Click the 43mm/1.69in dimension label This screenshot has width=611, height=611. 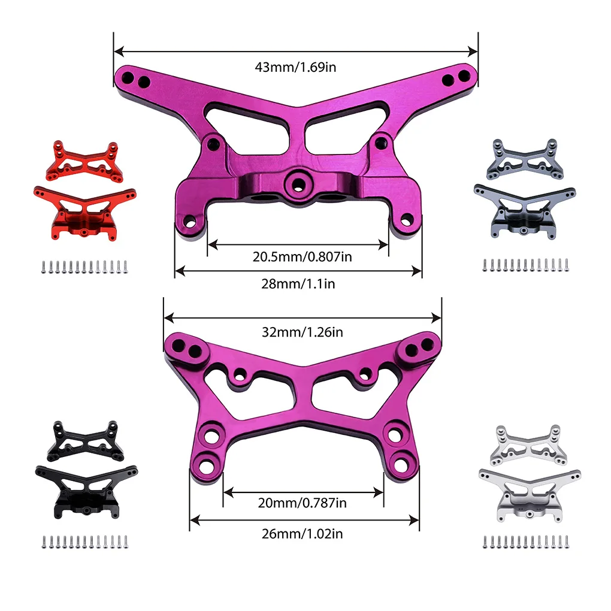tap(295, 68)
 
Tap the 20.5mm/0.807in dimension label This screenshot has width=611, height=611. tap(302, 257)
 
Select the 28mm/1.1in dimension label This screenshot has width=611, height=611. tap(298, 284)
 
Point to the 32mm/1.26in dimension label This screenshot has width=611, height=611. tap(303, 332)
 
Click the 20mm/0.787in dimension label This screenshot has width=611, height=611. tap(302, 503)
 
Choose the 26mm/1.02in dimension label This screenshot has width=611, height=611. tap(303, 534)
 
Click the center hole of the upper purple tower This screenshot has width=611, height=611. tap(298, 183)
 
